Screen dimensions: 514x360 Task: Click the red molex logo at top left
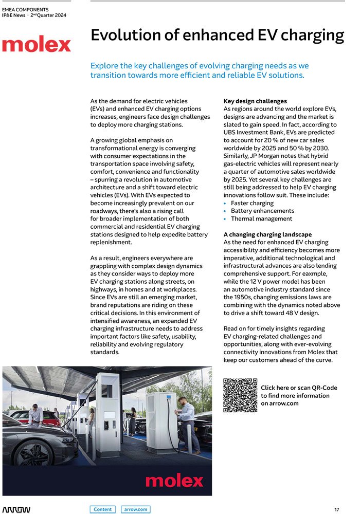tap(37, 45)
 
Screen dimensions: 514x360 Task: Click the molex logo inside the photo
tap(174, 481)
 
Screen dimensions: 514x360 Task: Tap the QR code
tap(240, 395)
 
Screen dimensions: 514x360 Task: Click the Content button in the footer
tap(103, 509)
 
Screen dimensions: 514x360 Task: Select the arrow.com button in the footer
tap(136, 509)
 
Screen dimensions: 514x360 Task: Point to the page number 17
tap(336, 509)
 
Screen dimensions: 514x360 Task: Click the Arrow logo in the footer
tap(16, 509)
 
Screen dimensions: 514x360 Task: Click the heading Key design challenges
tap(255, 101)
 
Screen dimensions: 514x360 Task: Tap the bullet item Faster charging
tap(252, 203)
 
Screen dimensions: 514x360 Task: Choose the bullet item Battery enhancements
tap(262, 211)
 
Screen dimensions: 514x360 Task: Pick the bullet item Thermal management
tap(261, 218)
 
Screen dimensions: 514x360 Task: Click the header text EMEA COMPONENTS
tap(25, 10)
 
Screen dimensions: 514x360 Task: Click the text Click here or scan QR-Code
tap(299, 388)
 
